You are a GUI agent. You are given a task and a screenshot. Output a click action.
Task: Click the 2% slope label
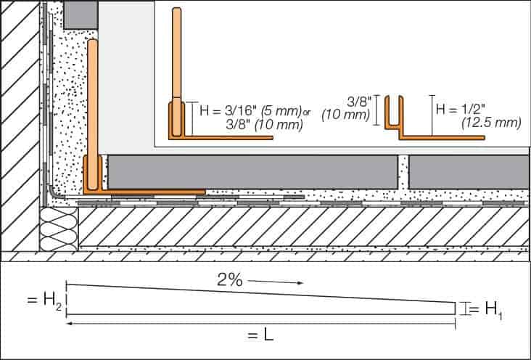tap(230, 280)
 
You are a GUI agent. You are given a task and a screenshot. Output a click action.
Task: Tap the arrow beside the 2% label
tap(275, 282)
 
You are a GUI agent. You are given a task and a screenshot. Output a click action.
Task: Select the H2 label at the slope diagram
tap(44, 300)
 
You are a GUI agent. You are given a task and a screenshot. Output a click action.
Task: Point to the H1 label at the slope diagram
tap(486, 310)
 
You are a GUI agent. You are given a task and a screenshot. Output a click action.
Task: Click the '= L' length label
tap(260, 335)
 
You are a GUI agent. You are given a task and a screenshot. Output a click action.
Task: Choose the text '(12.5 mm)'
tap(491, 123)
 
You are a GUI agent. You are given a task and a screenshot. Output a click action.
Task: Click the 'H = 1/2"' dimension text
tap(461, 110)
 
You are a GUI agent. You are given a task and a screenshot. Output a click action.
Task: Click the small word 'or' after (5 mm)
tap(306, 112)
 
